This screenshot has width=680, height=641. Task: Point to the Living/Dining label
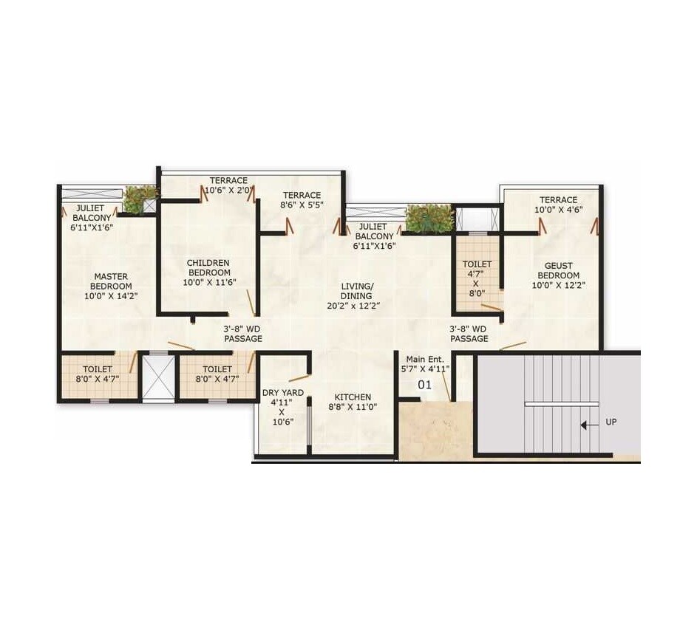pyautogui.click(x=357, y=295)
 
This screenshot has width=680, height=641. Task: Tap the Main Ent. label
pyautogui.click(x=425, y=363)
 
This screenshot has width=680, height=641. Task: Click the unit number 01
pyautogui.click(x=424, y=384)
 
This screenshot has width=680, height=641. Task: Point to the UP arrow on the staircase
pyautogui.click(x=587, y=425)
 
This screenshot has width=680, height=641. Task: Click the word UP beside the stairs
pyautogui.click(x=611, y=422)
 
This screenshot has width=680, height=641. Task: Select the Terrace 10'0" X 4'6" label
pyautogui.click(x=558, y=205)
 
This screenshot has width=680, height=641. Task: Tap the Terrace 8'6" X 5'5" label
pyautogui.click(x=302, y=200)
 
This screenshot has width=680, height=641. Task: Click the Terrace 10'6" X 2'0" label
pyautogui.click(x=228, y=185)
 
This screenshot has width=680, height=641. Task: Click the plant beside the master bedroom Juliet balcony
pyautogui.click(x=140, y=198)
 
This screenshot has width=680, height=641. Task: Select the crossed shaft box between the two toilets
pyautogui.click(x=157, y=378)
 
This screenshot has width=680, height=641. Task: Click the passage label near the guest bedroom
pyautogui.click(x=469, y=334)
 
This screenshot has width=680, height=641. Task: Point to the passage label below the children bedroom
pyautogui.click(x=243, y=334)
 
